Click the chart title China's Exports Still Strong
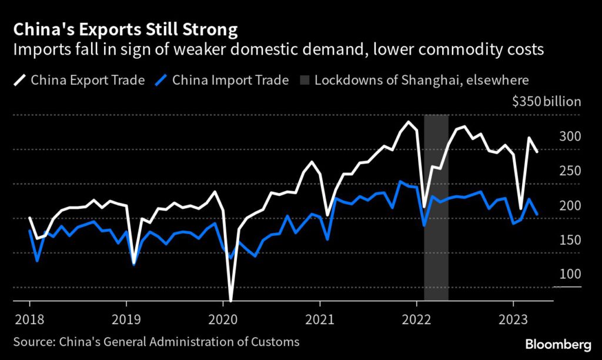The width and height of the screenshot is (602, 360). point(126,29)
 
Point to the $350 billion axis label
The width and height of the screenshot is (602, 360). point(546,102)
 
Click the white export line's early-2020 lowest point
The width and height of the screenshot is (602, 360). point(230,300)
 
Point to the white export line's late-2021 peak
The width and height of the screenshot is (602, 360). point(408,122)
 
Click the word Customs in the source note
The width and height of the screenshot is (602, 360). point(277,342)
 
